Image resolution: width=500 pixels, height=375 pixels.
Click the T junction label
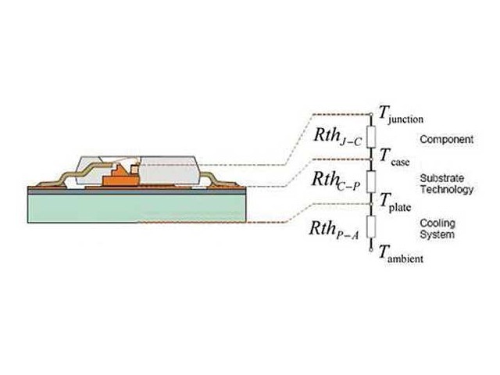[401, 115]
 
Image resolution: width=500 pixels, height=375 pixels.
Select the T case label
[395, 158]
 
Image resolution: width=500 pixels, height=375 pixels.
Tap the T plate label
[395, 203]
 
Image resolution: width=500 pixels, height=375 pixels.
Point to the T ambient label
[401, 255]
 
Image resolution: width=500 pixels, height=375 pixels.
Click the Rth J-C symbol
[337, 137]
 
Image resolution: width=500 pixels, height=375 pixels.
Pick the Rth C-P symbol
[336, 181]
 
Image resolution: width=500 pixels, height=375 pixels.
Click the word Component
[446, 139]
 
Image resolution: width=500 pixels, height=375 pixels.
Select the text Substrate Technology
[446, 184]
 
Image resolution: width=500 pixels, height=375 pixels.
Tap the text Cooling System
[437, 229]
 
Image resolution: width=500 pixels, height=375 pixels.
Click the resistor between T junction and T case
[371, 137]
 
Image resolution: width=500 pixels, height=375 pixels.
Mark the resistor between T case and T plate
[371, 181]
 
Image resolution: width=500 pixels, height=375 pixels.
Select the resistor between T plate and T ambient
[371, 227]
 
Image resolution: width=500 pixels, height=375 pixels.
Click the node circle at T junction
[371, 114]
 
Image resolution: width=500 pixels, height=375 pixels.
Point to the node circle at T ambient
[371, 250]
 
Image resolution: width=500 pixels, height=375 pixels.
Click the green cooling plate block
[137, 209]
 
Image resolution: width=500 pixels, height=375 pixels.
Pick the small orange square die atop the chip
[134, 169]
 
